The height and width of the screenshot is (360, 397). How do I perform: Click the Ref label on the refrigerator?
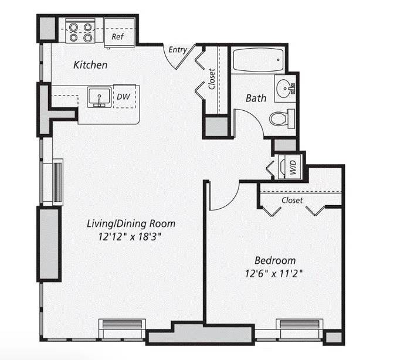click(x=117, y=37)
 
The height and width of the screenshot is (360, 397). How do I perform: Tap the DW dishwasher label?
click(x=123, y=97)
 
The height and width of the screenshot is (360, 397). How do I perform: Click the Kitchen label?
click(x=90, y=65)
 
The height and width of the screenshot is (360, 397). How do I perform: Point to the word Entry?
click(x=178, y=50)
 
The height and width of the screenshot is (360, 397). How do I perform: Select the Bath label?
click(x=256, y=98)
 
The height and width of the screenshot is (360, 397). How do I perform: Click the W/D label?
click(x=293, y=167)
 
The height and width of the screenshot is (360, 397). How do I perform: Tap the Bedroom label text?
click(x=275, y=260)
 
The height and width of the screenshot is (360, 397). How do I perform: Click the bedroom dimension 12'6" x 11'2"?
click(x=274, y=274)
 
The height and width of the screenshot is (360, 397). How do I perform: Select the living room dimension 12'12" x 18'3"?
click(x=130, y=237)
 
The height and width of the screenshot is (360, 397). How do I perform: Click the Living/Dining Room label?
click(x=131, y=224)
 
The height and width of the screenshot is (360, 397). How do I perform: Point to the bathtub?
click(x=258, y=60)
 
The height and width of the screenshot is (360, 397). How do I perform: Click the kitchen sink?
click(x=99, y=97)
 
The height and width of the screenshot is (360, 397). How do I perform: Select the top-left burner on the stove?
click(x=73, y=27)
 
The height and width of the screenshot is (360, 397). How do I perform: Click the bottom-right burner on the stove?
click(x=87, y=38)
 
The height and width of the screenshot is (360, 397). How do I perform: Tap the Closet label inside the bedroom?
click(x=292, y=201)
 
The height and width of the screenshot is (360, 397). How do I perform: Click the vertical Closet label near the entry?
click(x=212, y=79)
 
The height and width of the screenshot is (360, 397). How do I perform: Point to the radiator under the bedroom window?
click(x=300, y=325)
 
